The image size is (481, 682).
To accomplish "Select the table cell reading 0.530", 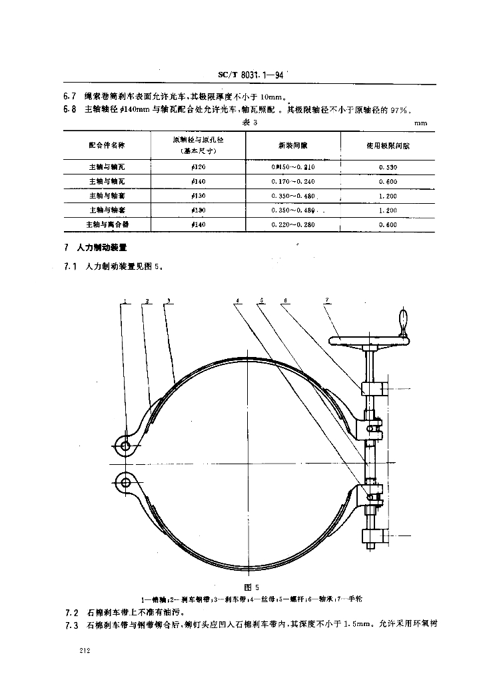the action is pos(387,167).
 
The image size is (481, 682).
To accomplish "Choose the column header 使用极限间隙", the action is pos(387,145).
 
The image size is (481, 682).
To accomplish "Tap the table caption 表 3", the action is pos(250,123).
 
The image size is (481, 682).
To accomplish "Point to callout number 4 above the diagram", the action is pos(237,301).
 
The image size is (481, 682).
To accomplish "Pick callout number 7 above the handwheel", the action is pos(327,301).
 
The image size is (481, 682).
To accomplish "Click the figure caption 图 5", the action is pos(250,587).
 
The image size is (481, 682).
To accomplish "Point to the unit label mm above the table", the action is pos(420,123).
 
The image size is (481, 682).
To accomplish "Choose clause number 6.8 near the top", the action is pos(69,111).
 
